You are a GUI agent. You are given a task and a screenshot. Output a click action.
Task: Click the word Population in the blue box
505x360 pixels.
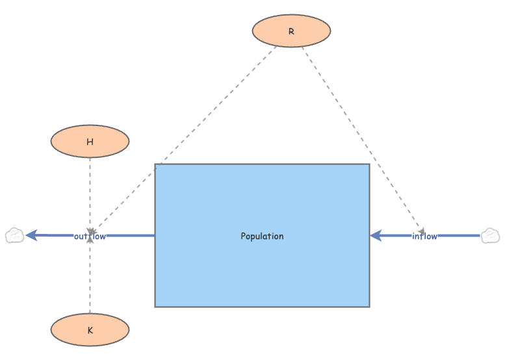262,236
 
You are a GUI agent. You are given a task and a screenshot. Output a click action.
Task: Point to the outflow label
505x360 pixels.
90,236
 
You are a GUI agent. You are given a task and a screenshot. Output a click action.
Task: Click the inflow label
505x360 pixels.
424,236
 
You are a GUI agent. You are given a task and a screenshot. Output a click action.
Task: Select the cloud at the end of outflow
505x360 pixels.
14,236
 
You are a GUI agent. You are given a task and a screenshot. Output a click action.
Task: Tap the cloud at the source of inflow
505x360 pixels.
490,236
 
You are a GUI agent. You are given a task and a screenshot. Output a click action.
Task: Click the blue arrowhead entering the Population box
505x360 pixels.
376,236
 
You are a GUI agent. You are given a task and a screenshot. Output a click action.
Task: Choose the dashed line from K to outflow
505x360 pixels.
90,279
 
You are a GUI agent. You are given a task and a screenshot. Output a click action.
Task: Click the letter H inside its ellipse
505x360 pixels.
90,141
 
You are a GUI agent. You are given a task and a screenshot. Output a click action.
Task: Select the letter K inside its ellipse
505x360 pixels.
90,330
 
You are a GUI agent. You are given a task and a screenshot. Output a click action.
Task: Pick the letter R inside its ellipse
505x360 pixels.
291,31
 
